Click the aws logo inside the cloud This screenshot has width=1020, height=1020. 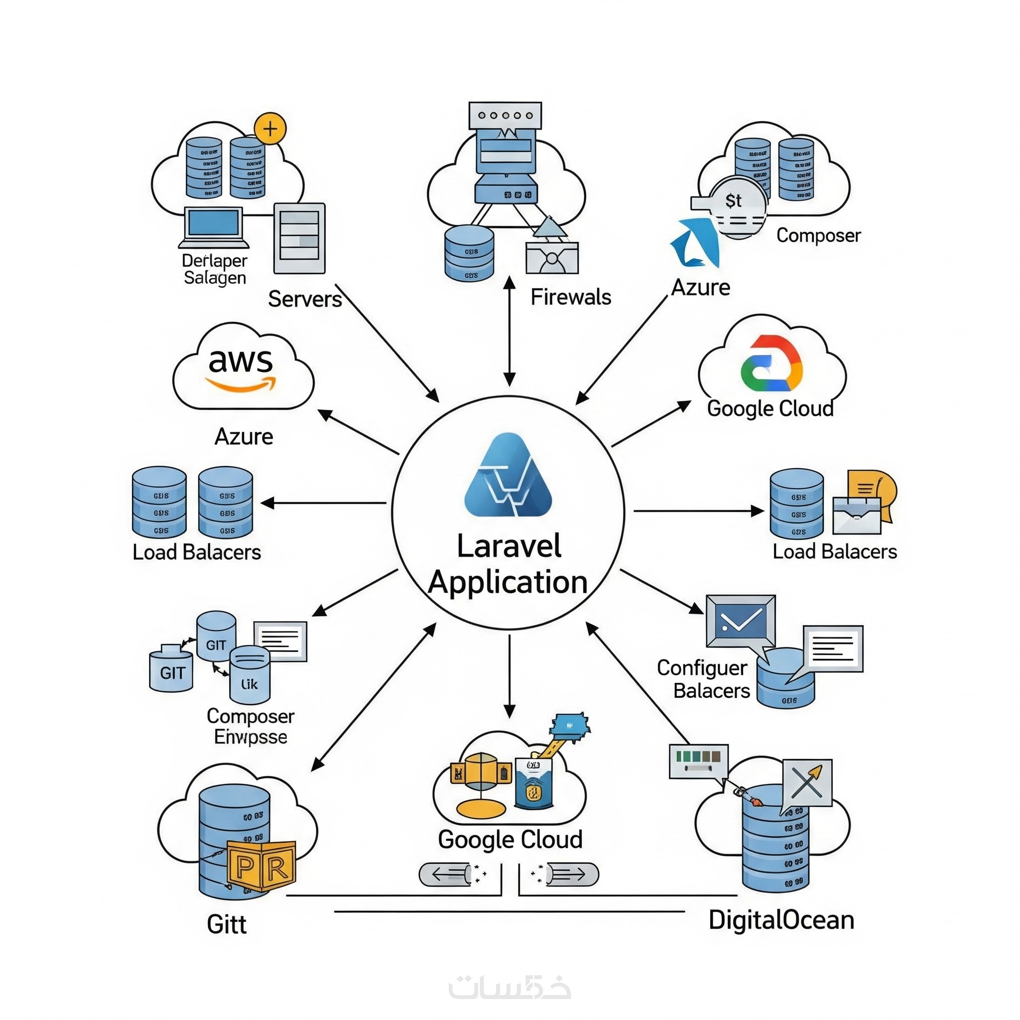tap(241, 369)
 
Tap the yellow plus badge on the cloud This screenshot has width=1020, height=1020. tap(270, 128)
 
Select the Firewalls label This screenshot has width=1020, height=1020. tap(570, 297)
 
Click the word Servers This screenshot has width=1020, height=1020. tap(305, 299)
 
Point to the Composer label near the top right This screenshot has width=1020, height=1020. tap(818, 236)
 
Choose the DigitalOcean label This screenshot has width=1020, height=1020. tap(781, 920)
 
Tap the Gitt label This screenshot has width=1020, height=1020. tap(227, 924)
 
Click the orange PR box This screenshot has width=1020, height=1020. tap(261, 866)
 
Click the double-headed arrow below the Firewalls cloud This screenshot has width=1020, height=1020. tap(509, 331)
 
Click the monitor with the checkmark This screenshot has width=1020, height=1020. tap(740, 621)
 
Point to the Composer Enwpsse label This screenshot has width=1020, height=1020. tap(250, 726)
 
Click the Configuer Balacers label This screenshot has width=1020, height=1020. tap(703, 679)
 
